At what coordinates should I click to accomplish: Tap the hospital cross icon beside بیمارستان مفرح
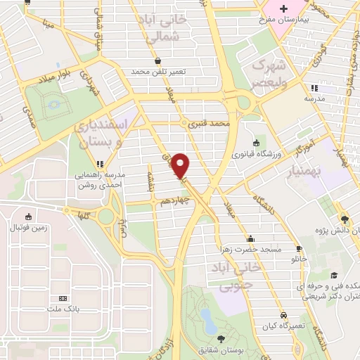tap(283, 9)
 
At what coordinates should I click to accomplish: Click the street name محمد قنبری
tap(214, 123)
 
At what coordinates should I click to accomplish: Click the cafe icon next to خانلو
tap(298, 249)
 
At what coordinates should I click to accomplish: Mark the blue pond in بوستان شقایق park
tap(207, 320)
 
